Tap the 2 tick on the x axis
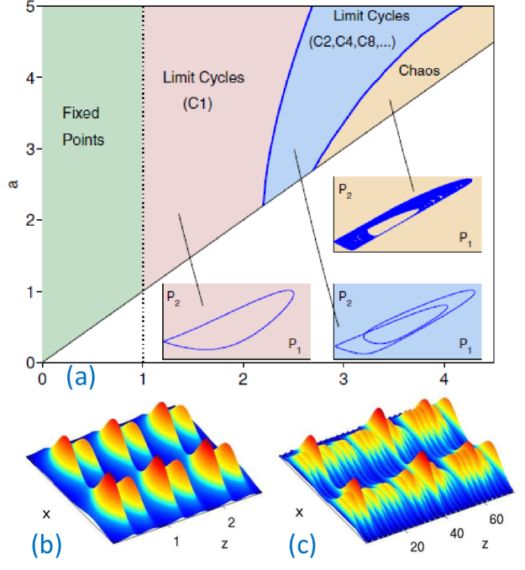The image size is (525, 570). point(244,379)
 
